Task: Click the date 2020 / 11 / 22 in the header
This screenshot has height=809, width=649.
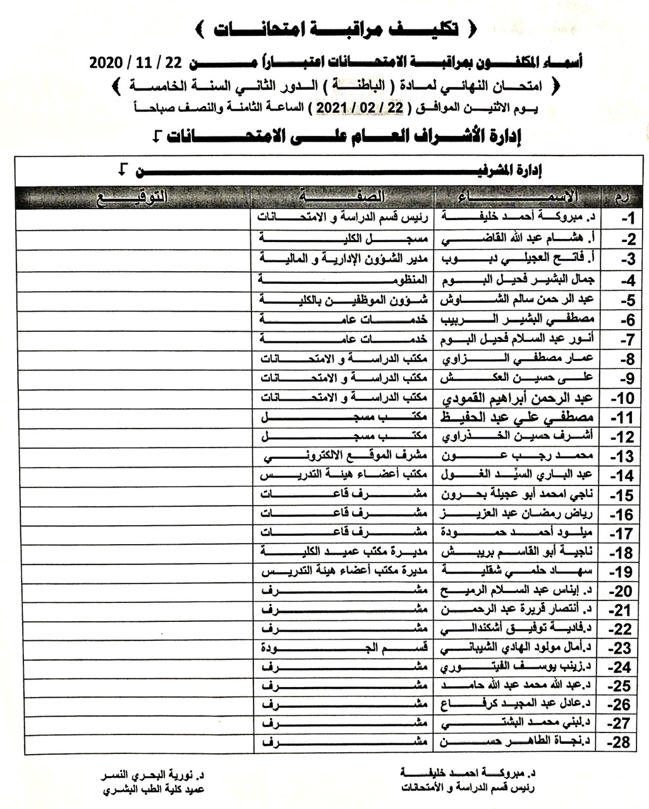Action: pos(136,62)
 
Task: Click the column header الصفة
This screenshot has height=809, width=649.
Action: pos(344,196)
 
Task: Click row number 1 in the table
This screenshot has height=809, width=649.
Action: pos(626,219)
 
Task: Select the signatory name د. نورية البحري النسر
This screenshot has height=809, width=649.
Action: pos(154,774)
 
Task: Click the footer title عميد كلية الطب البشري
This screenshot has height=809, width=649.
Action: pos(154,789)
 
